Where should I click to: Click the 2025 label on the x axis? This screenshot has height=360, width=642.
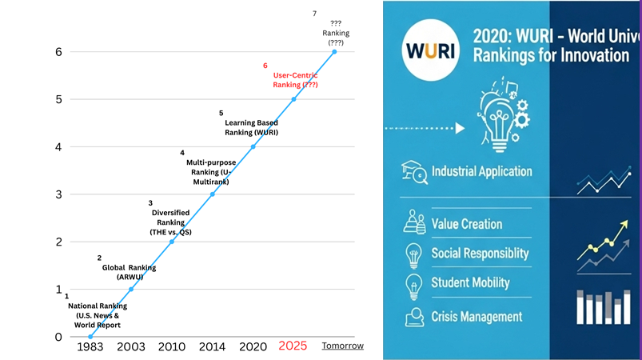coord(293,346)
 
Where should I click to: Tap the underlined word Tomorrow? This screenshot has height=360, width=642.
coord(342,346)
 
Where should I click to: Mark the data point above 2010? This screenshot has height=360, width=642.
coord(172,242)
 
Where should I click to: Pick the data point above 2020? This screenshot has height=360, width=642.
coord(253,146)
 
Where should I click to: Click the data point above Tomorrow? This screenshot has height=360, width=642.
coord(334,52)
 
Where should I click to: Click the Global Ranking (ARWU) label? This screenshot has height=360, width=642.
coord(129,272)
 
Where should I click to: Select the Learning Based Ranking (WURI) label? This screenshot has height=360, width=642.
coord(249,127)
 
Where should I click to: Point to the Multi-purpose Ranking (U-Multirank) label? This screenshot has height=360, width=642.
coord(210,172)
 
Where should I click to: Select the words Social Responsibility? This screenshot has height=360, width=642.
coord(480,254)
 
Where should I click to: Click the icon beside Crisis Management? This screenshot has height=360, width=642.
coord(414,316)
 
